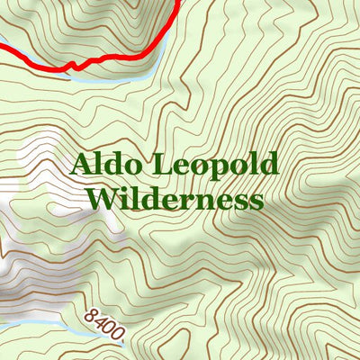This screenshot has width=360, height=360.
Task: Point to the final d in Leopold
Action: pyautogui.click(x=269, y=165)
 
